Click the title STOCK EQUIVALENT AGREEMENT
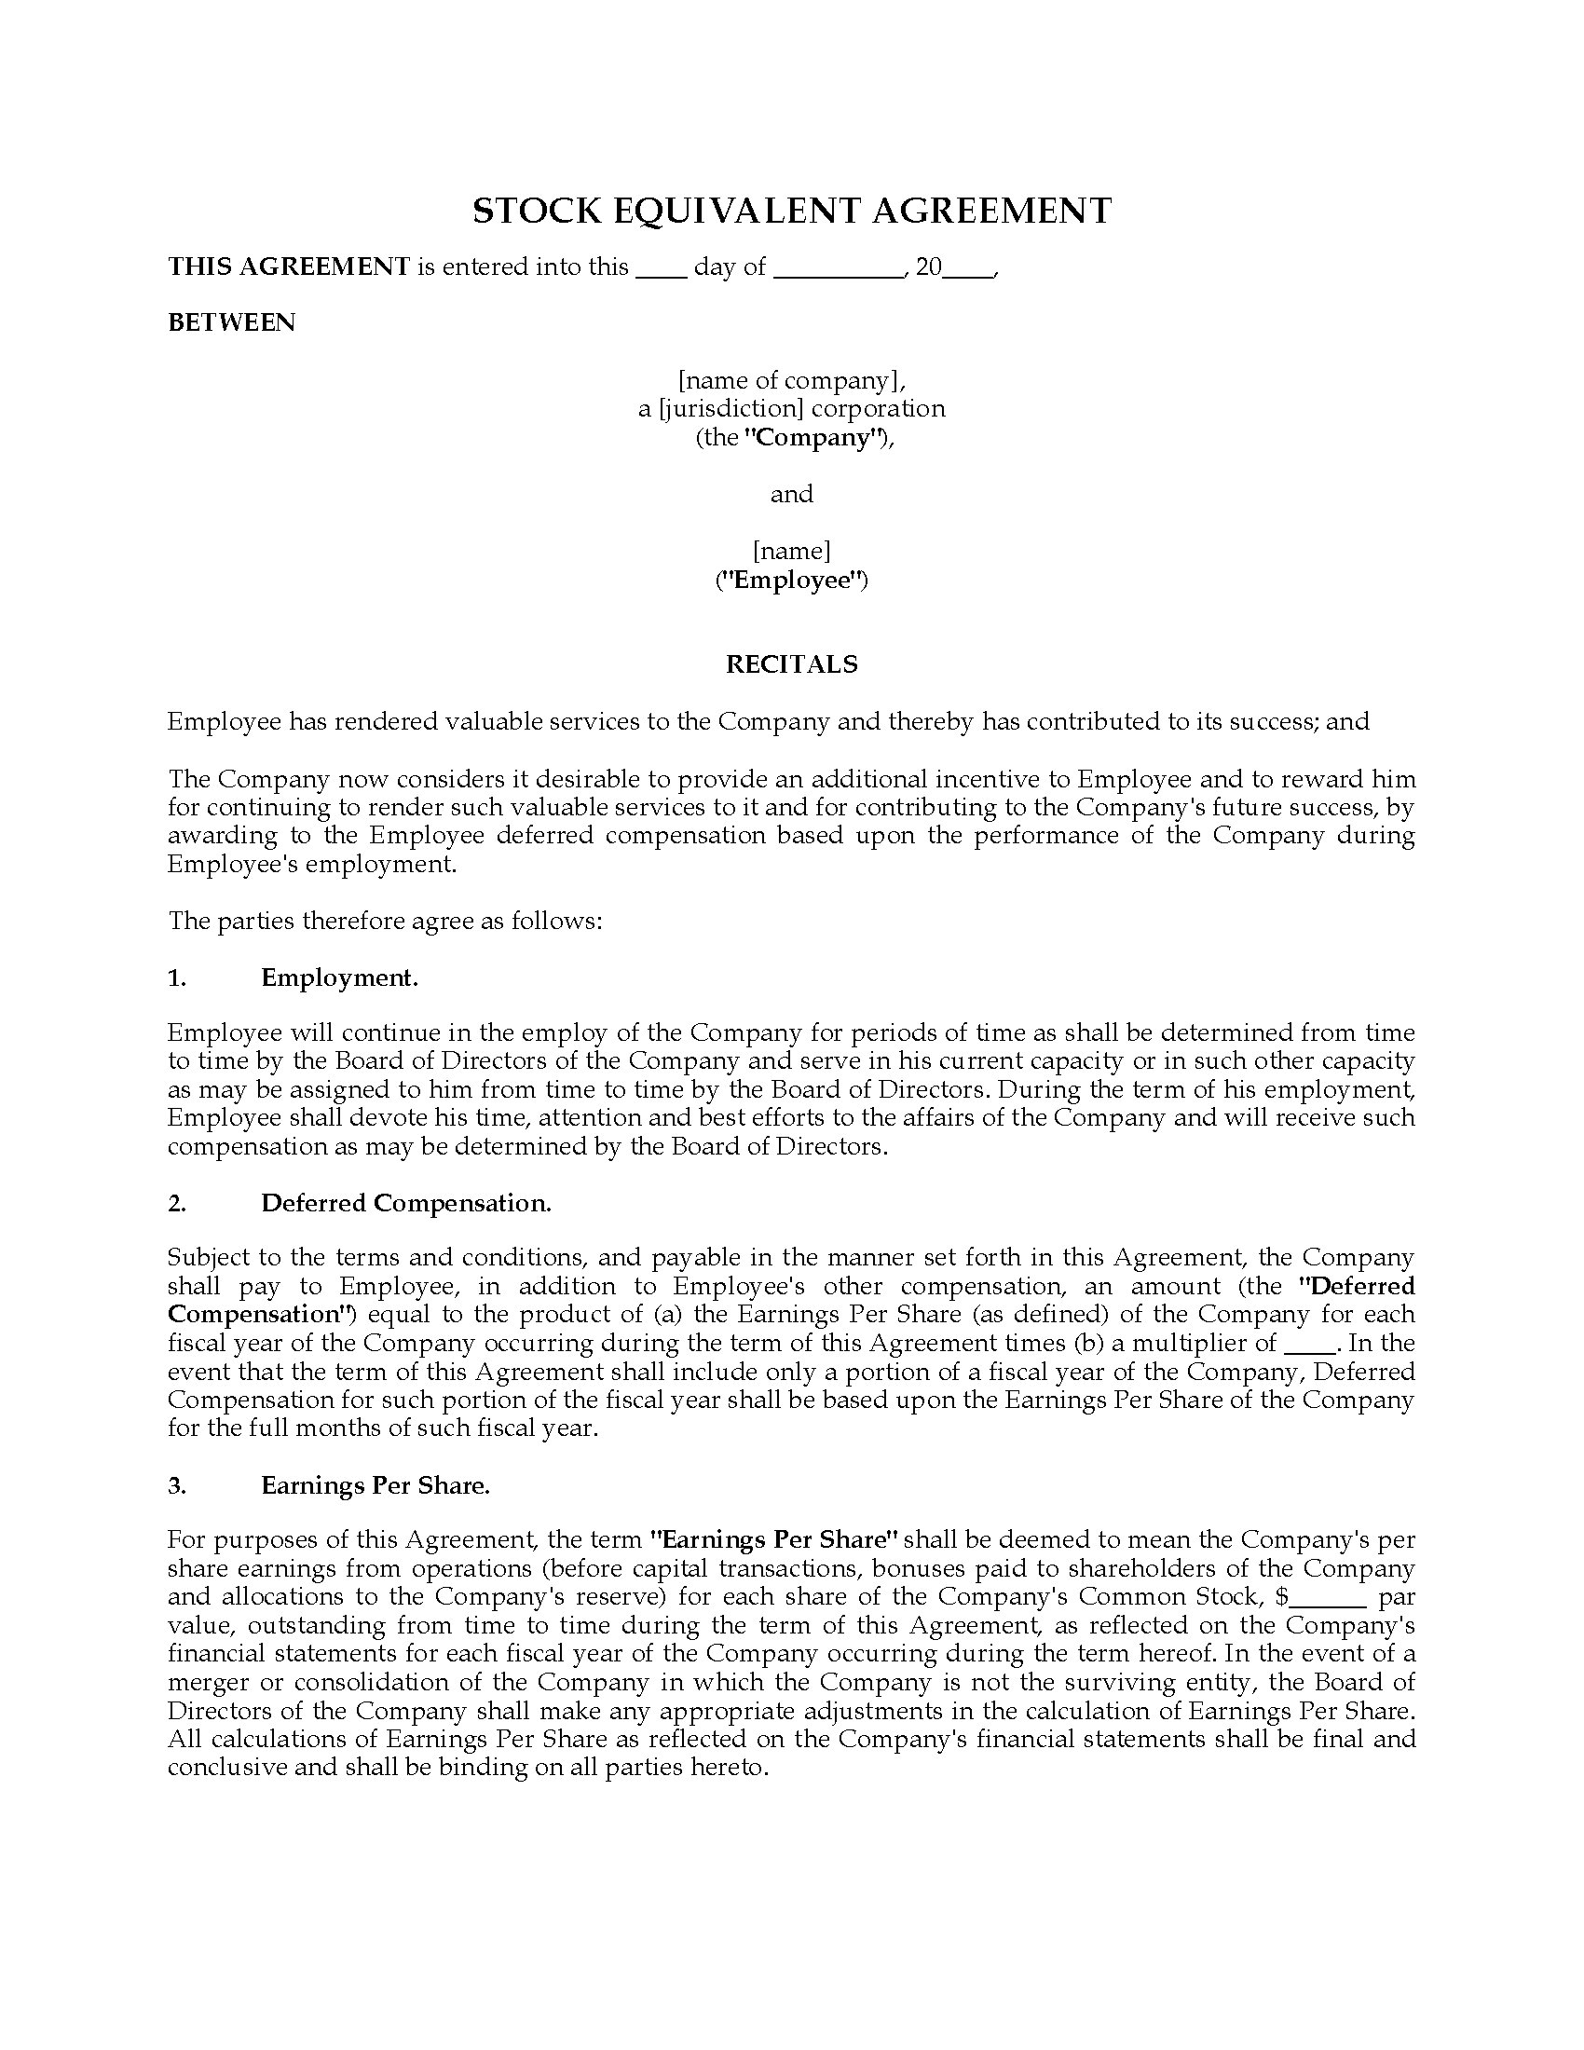coord(791,211)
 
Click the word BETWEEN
coord(232,323)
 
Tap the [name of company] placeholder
coord(791,380)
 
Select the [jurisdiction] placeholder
coord(731,409)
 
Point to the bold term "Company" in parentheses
coord(813,438)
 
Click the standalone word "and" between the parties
coord(791,495)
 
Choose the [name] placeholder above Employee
coord(791,551)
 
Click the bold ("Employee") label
coord(791,581)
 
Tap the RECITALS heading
coord(791,664)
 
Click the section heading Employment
coord(340,978)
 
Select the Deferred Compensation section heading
coord(405,1203)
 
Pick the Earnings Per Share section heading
coord(376,1486)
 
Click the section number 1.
coord(177,978)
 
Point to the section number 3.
coord(177,1486)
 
